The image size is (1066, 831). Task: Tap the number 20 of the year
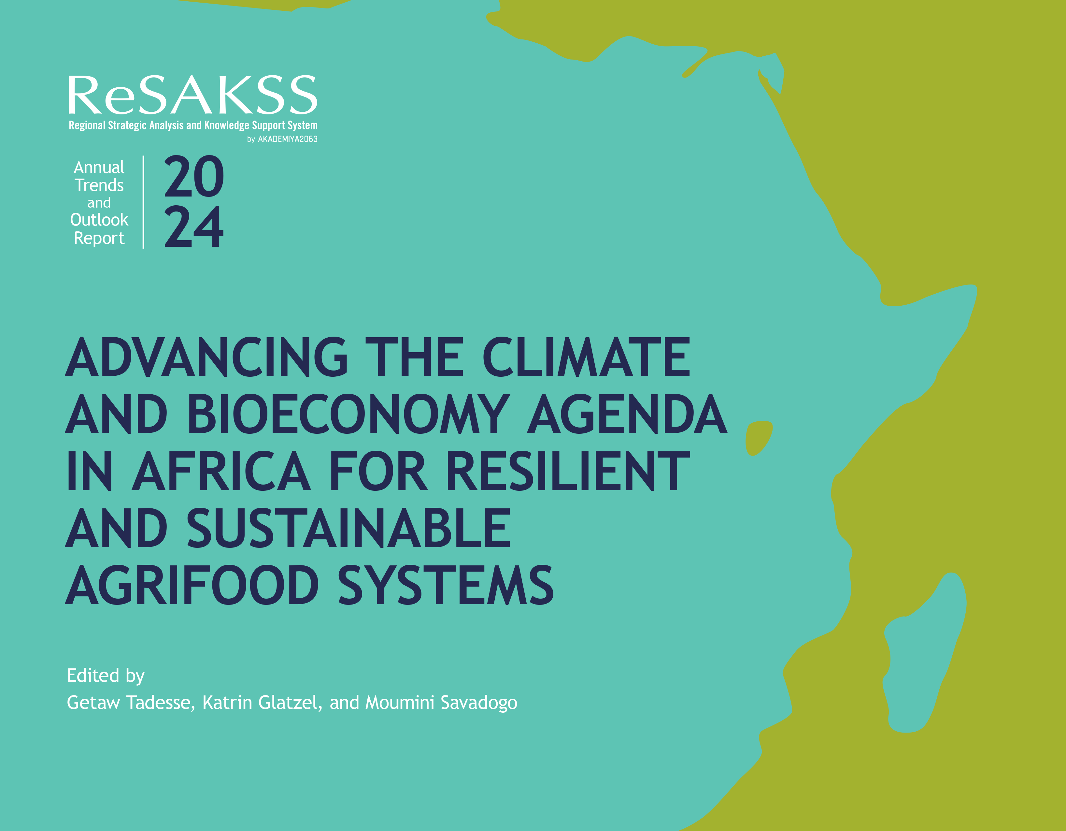(x=194, y=177)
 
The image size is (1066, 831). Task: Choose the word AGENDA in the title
(x=627, y=414)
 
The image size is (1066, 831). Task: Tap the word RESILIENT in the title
(x=568, y=471)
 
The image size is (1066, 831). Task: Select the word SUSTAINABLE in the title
(x=348, y=528)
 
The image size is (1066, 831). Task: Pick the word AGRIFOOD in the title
(x=192, y=585)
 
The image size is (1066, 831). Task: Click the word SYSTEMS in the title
(x=446, y=585)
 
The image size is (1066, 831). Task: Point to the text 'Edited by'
(x=106, y=676)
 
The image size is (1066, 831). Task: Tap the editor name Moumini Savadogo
(x=441, y=703)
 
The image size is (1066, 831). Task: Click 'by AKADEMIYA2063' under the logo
(x=282, y=139)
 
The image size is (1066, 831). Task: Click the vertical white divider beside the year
(x=144, y=202)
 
